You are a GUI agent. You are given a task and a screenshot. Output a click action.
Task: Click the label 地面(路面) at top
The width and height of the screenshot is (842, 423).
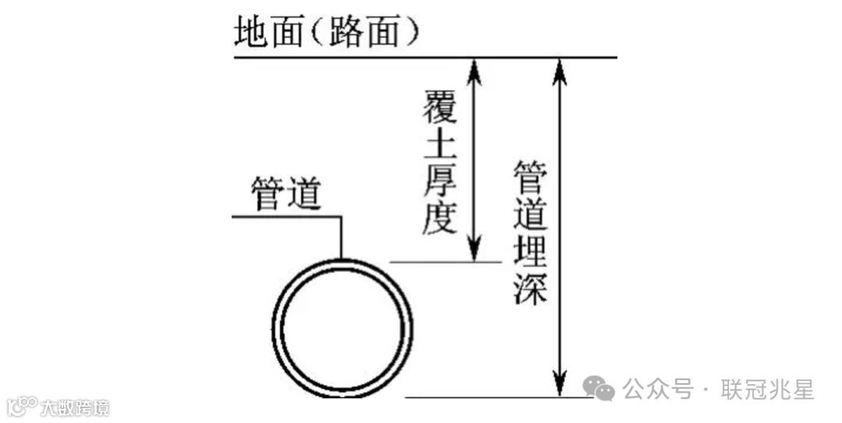click(328, 33)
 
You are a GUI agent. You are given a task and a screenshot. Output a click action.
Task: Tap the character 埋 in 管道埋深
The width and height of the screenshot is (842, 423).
click(530, 250)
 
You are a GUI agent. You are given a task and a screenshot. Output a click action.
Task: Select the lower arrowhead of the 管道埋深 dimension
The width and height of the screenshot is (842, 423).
click(558, 385)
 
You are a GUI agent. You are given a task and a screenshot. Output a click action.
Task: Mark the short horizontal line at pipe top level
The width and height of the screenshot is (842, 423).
click(444, 263)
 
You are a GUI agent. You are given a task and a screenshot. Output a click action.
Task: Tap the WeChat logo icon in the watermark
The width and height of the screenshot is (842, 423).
click(600, 388)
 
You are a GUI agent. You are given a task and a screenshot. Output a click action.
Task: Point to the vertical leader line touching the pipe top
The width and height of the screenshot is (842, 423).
click(341, 238)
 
